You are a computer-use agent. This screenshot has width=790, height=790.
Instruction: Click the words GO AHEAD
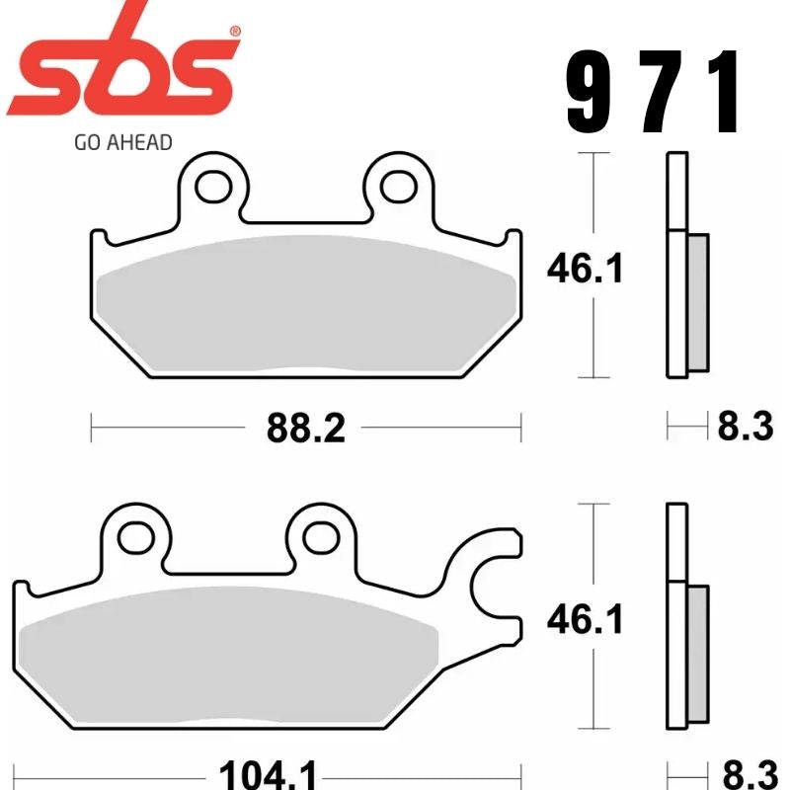point(122,141)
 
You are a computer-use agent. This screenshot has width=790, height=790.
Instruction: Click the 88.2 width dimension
point(305,428)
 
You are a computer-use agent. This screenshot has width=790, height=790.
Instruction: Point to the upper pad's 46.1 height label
point(586,267)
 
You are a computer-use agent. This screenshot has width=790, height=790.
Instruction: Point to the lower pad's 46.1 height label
point(586,619)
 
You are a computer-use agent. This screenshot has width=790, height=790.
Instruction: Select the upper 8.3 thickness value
point(744,428)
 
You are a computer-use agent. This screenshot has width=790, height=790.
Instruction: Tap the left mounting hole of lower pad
point(133,536)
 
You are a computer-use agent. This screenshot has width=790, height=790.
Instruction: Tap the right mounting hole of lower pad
point(320,536)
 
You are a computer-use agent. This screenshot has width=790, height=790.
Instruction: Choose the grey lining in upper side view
point(697,301)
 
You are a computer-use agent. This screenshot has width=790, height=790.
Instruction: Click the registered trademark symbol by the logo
point(234,32)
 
